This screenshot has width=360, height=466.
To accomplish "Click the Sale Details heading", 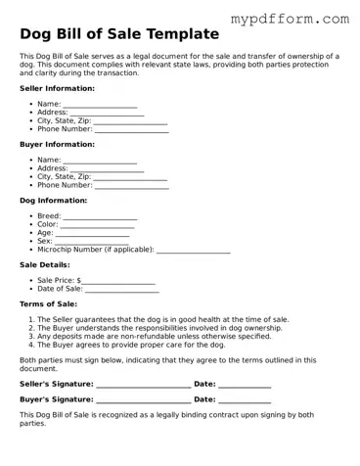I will tap(45, 264).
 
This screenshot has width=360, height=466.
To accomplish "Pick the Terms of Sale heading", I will tap(48, 303).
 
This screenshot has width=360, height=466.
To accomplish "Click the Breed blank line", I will tap(101, 217).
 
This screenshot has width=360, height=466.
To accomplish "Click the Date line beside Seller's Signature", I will tap(245, 386).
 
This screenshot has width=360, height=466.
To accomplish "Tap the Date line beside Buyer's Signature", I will tap(245, 401).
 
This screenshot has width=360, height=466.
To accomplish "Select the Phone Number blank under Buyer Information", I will tap(131, 186).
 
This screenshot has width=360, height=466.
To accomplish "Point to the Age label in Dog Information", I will tap(45, 233).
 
